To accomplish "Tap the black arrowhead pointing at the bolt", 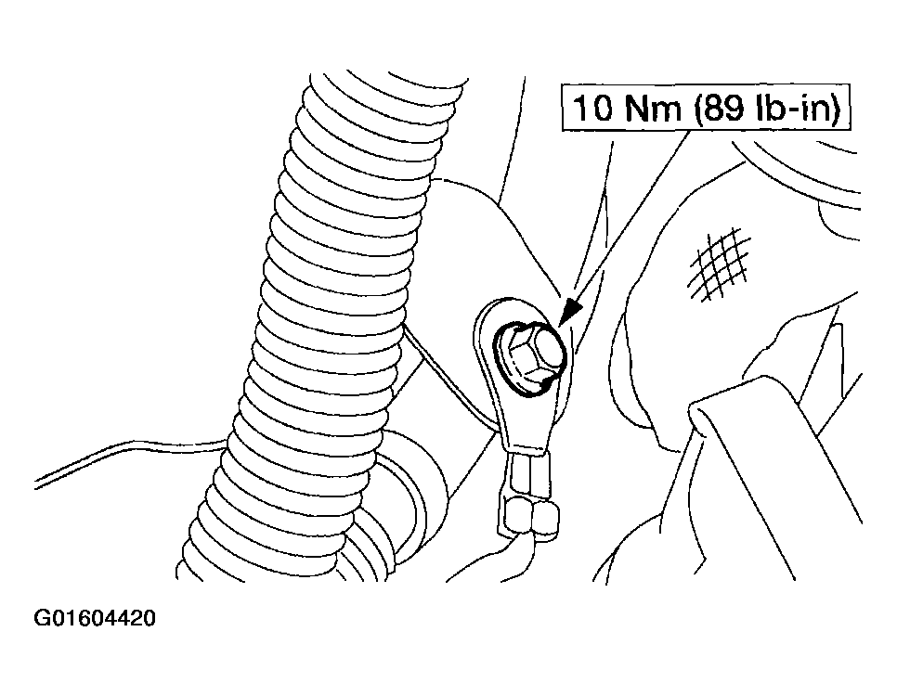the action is click(x=569, y=314).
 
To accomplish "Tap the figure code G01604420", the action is click(x=95, y=618).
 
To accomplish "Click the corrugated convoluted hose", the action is click(x=320, y=320).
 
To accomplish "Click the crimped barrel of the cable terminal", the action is click(x=528, y=470).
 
